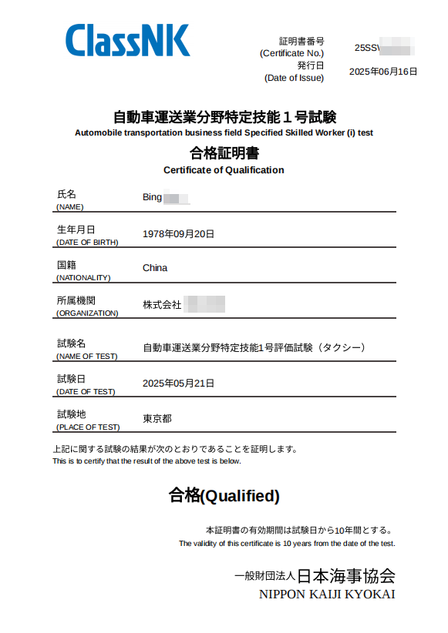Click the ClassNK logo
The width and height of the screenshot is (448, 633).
(127, 40)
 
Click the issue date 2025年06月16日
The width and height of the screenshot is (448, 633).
(382, 72)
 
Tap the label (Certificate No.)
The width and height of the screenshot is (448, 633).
(292, 53)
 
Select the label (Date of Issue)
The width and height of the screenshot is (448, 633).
(294, 78)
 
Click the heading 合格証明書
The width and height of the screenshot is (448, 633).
(224, 152)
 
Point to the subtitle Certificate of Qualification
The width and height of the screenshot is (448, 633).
(224, 170)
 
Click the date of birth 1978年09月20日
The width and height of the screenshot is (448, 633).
(178, 233)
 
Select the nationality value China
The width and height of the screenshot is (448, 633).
(155, 268)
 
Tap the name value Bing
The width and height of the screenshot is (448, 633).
(153, 197)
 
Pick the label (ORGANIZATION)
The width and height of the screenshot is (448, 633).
(87, 313)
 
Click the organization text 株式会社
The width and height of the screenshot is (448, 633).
(162, 305)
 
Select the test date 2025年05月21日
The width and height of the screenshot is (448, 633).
(178, 383)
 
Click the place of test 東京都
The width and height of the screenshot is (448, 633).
(157, 419)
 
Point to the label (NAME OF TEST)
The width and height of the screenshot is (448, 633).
(86, 356)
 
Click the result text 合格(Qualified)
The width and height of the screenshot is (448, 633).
(224, 495)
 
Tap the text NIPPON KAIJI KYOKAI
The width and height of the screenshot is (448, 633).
(327, 594)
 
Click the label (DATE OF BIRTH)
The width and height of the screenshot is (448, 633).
(87, 242)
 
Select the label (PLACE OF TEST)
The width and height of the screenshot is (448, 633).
(88, 427)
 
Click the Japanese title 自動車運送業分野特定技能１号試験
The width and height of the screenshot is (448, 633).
(224, 118)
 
